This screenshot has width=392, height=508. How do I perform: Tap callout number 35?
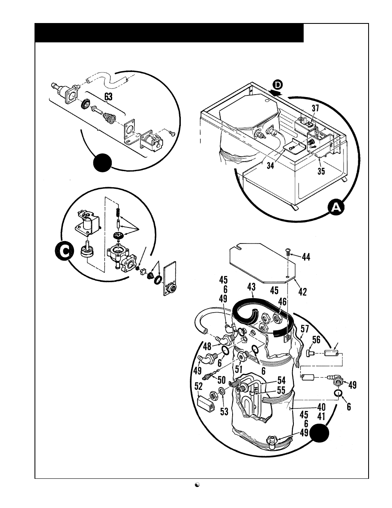click(321, 171)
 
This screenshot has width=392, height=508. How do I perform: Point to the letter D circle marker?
click(278, 85)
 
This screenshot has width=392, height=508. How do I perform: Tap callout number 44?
click(306, 257)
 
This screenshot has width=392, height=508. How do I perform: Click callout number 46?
click(282, 302)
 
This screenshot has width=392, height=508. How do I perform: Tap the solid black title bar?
click(169, 33)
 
